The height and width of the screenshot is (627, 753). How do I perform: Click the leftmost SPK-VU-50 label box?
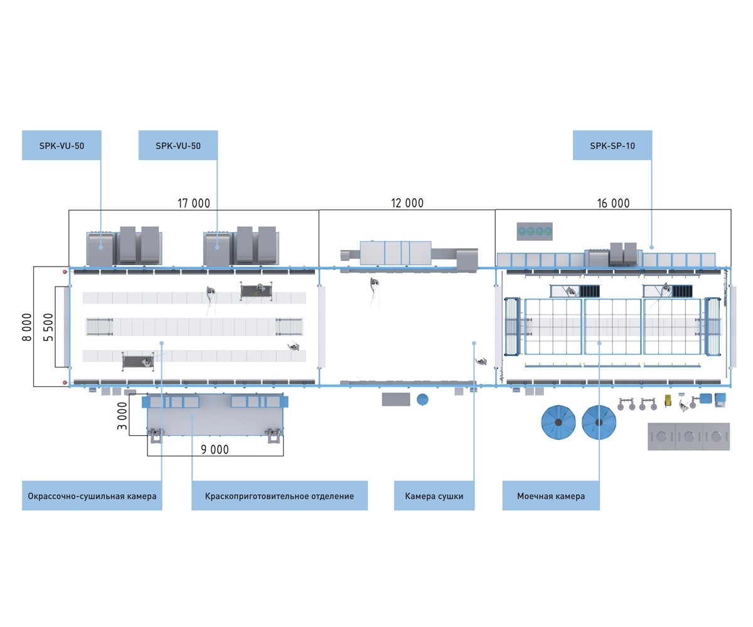coord(61,145)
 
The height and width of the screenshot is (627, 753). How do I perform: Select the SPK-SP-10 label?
coord(612,145)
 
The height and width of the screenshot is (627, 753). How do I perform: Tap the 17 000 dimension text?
coord(194,203)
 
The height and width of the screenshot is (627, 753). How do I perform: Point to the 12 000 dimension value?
coord(407,203)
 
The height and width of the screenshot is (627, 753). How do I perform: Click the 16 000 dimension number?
coord(613,203)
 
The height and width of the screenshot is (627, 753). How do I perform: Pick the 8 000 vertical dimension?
coord(27,327)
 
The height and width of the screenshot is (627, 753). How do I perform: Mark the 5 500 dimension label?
coord(48,327)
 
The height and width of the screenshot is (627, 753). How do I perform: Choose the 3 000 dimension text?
coord(122,416)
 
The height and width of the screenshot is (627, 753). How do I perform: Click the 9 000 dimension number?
coord(215,450)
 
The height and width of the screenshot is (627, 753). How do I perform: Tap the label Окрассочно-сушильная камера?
coord(92,496)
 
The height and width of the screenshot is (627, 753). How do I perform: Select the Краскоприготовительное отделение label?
coord(279,496)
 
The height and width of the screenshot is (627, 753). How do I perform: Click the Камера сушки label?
coord(434,496)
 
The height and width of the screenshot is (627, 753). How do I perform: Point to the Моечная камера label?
coord(551,496)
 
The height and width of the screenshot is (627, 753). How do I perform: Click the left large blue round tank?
coord(558,422)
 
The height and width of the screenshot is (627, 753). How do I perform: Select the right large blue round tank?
coord(599,422)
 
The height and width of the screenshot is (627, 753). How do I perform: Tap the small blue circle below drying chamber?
coord(422,399)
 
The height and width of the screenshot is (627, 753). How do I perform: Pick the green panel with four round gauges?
coord(535,231)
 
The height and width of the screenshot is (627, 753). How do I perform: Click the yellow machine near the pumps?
coord(669,399)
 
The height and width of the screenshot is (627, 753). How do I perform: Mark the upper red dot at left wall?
coord(65,272)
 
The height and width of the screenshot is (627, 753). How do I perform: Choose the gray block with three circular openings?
coord(688,436)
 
